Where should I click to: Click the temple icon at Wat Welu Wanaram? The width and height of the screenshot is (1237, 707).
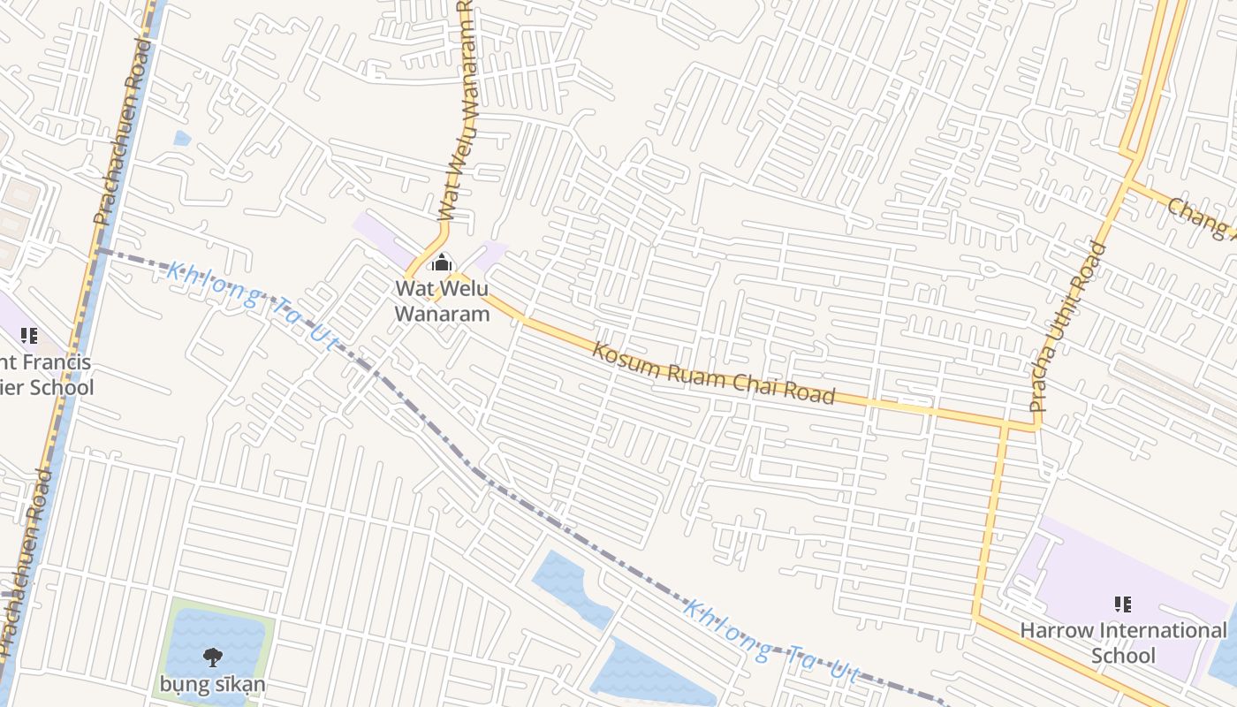pyautogui.click(x=441, y=262)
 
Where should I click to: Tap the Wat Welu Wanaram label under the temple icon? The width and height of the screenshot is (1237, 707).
pyautogui.click(x=441, y=301)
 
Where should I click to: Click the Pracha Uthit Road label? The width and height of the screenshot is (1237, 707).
pyautogui.click(x=1068, y=327)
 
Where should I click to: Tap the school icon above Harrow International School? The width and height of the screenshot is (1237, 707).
pyautogui.click(x=1123, y=604)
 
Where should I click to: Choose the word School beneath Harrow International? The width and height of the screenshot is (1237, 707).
pyautogui.click(x=1123, y=656)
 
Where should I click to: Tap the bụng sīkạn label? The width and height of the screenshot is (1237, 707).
pyautogui.click(x=213, y=684)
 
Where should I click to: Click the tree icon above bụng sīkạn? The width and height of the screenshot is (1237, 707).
pyautogui.click(x=213, y=657)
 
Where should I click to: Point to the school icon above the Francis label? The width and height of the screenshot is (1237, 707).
pyautogui.click(x=29, y=336)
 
